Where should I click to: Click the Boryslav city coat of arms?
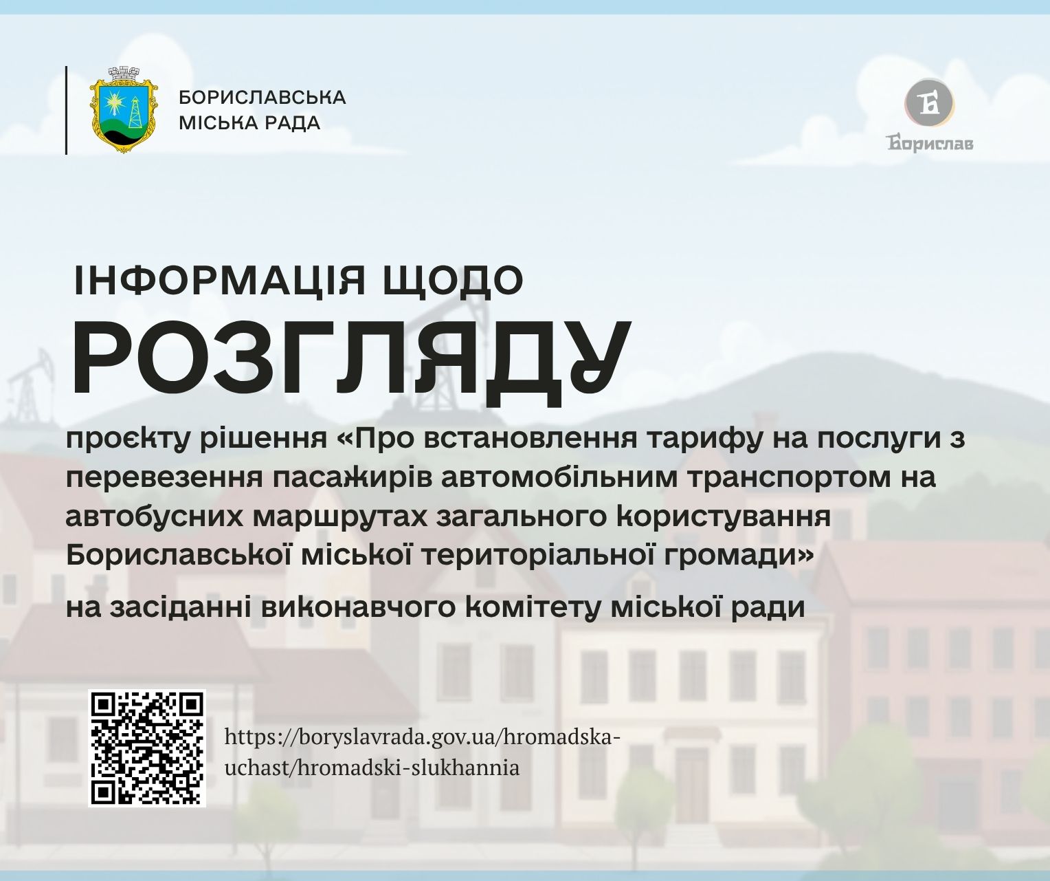coord(124,110)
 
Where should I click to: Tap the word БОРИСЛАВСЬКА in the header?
coord(262,97)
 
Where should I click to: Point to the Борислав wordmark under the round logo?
coord(930,143)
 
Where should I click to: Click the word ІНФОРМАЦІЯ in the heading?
coord(220,281)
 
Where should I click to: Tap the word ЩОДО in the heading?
coord(453,281)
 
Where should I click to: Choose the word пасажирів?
coord(353,478)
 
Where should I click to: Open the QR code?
coord(147,748)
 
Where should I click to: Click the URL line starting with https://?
coord(423,737)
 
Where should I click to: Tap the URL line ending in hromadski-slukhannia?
coord(372,769)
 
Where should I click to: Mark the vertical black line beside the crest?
coord(67,110)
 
